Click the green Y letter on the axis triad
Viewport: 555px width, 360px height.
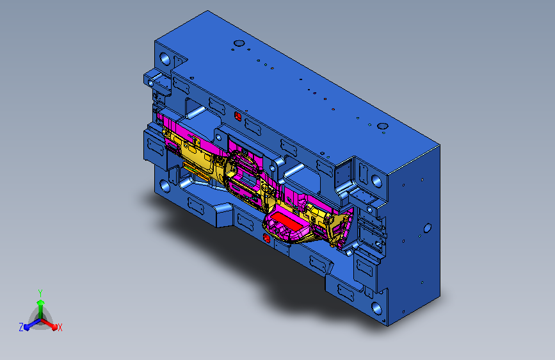[40, 293]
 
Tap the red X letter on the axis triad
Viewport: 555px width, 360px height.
[60, 328]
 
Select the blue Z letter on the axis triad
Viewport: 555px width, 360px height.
[21, 327]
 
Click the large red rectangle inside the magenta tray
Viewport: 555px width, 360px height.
[287, 220]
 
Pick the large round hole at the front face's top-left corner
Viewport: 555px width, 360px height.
[165, 58]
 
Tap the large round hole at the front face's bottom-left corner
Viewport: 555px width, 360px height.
[165, 186]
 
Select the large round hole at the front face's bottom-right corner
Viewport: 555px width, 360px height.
[376, 308]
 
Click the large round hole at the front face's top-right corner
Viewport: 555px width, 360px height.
[376, 181]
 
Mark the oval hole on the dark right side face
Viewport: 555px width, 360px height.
[427, 227]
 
